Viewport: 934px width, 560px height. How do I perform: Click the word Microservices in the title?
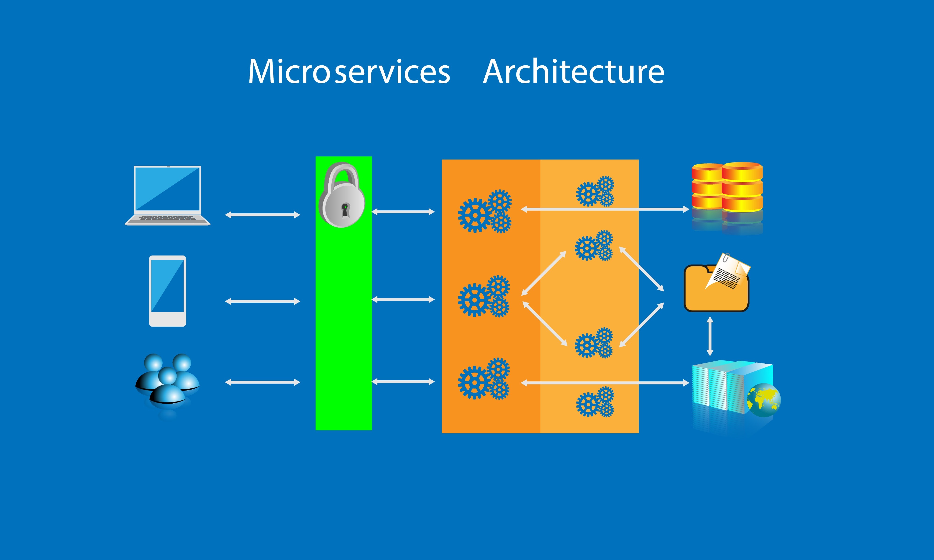[x=349, y=72]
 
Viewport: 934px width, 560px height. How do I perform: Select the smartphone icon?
[x=168, y=291]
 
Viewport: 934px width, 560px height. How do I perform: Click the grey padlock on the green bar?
[x=342, y=196]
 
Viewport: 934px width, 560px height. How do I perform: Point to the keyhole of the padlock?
[x=345, y=209]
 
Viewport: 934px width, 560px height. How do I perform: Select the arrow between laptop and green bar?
[x=262, y=215]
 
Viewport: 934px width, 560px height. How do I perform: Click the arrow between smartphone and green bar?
[x=262, y=301]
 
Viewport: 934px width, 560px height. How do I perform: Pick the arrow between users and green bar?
[x=262, y=382]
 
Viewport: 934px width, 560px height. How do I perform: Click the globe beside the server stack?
[x=763, y=400]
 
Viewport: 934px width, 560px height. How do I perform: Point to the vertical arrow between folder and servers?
[x=710, y=336]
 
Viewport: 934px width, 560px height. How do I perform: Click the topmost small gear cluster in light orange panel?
[x=595, y=191]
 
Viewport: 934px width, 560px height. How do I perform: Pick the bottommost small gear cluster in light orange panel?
[x=595, y=402]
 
